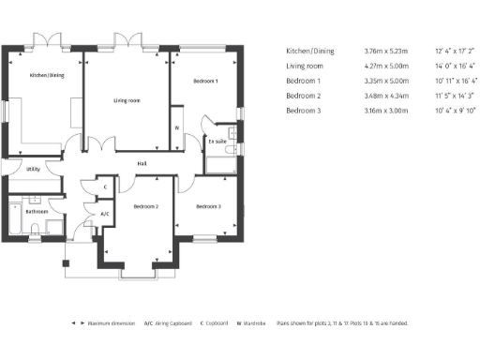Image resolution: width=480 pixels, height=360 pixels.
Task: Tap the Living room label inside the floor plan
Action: click(x=127, y=99)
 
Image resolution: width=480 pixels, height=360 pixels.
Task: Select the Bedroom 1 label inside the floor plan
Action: click(x=205, y=82)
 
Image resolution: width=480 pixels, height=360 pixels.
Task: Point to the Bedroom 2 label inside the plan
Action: click(x=145, y=206)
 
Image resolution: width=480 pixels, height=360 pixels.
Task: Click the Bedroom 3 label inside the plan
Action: click(x=208, y=206)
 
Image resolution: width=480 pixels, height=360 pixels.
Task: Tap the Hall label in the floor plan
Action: click(x=142, y=164)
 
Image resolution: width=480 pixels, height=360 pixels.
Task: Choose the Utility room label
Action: click(x=33, y=169)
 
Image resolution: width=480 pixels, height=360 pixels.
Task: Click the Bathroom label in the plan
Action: click(x=37, y=211)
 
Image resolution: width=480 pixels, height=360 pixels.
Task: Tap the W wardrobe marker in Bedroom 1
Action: click(x=176, y=127)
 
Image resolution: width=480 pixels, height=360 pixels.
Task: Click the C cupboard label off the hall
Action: click(x=105, y=187)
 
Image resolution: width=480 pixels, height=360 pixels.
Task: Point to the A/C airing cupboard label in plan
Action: click(x=105, y=214)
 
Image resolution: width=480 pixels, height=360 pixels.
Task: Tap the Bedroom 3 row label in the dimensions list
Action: click(x=305, y=111)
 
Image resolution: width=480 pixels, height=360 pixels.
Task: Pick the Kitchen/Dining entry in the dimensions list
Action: click(x=309, y=52)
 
